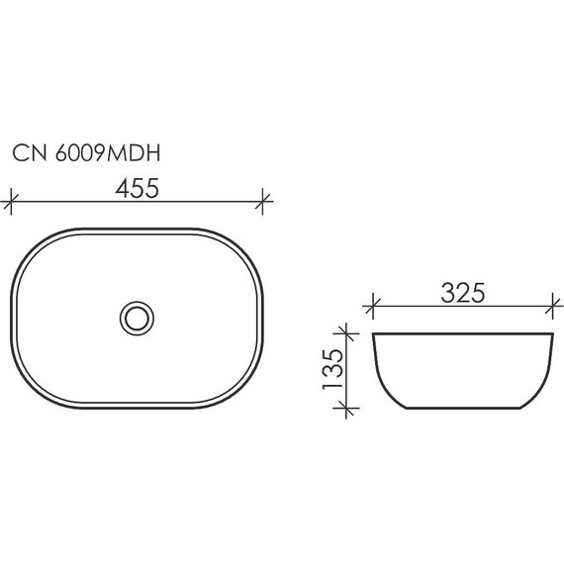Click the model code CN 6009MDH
pos(87,153)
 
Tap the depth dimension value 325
pos(462,292)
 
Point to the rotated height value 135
pos(333,368)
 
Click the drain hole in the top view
pos(137,317)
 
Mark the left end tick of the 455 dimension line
pos(11,203)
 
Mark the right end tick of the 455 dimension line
pos(263,203)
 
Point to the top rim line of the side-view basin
pos(461,333)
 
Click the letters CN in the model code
pos(27,153)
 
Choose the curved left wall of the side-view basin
pos(382,376)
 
